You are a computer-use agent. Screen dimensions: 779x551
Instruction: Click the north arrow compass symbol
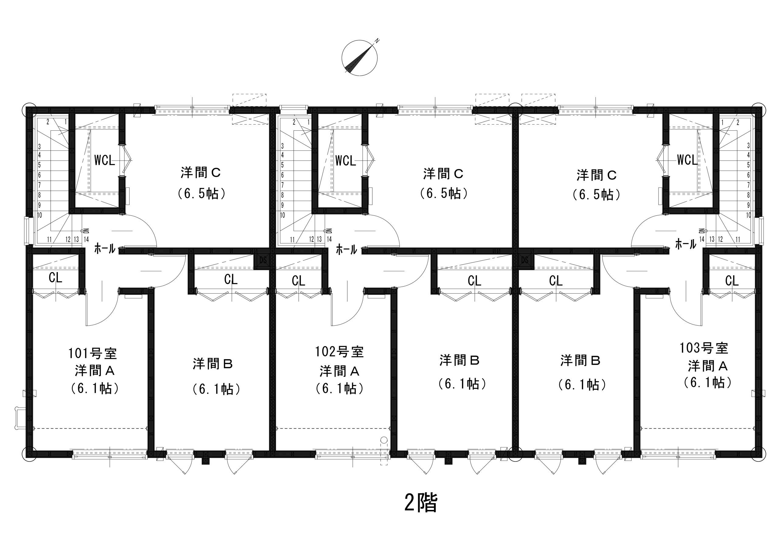point(360,57)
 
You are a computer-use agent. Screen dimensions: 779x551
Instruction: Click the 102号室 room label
point(340,352)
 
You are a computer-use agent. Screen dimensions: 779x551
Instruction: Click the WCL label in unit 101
point(104,160)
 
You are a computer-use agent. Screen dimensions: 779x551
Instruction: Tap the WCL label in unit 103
point(687,160)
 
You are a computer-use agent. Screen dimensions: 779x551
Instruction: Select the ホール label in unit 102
point(346,250)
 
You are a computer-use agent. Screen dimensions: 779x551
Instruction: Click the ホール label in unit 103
point(686,244)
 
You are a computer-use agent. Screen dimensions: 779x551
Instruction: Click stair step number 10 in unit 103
point(749,215)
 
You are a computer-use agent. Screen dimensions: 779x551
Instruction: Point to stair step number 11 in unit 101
point(50,239)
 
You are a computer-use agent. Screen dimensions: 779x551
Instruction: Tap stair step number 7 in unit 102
point(282,185)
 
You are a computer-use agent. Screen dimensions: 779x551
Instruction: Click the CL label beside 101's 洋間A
point(56,277)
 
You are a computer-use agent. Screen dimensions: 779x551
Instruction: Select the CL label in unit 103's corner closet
point(732,281)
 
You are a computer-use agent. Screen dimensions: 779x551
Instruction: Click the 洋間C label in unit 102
point(443,174)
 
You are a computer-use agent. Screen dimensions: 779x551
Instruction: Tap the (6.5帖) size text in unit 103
point(597,195)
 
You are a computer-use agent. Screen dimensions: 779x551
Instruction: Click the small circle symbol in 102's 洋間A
point(384,440)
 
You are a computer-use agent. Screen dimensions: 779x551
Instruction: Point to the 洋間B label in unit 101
point(213,365)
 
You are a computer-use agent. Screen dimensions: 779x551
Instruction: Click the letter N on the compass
point(377,41)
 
